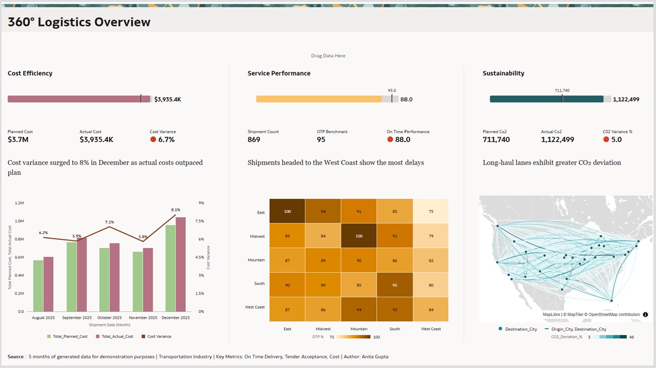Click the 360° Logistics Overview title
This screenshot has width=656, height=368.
coord(79,22)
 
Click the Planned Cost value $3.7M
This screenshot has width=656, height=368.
coord(18,139)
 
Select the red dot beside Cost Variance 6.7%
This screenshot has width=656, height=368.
coord(153,139)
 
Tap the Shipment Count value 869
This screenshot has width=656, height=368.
coord(254,139)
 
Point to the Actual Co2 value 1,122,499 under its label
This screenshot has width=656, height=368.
coord(557,139)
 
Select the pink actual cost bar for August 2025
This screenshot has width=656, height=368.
coord(48,284)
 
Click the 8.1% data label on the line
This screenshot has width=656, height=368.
coord(176,210)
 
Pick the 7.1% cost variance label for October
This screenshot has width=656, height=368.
coord(109,222)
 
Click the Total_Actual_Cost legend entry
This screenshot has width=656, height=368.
coord(117,337)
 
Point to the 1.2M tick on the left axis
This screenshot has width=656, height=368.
coord(19,203)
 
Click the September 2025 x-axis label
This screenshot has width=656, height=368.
coord(76,318)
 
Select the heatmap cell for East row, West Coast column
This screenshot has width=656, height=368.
coord(431,211)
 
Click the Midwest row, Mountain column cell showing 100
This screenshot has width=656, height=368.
coord(359,236)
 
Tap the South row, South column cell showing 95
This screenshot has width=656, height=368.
coord(395,285)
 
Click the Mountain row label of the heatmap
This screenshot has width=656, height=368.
coord(256,260)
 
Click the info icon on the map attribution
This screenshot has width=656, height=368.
coord(645,315)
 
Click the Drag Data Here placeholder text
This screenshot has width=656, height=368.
coord(328,56)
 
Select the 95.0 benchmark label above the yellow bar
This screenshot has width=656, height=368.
coord(391,90)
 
